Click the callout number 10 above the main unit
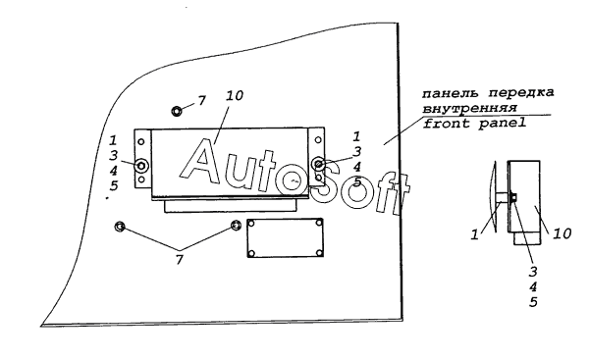click(235, 95)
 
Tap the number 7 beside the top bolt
click(202, 101)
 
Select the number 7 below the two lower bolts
click(180, 259)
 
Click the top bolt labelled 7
click(177, 111)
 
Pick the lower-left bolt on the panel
click(120, 227)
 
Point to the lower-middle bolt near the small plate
click(236, 226)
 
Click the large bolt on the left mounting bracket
click(141, 165)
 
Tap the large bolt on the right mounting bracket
click(318, 164)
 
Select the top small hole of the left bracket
click(141, 141)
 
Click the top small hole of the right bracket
click(318, 140)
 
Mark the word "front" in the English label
click(447, 124)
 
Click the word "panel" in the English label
click(503, 124)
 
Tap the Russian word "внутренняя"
click(469, 108)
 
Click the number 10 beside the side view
click(562, 233)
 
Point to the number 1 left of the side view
click(475, 235)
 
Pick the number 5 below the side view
click(533, 302)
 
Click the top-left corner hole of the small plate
click(251, 224)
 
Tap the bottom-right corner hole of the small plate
click(319, 253)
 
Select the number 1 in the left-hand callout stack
click(113, 140)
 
